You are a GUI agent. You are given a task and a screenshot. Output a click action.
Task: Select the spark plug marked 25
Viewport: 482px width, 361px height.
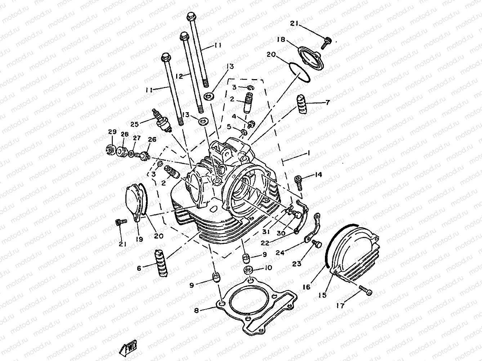(162, 120)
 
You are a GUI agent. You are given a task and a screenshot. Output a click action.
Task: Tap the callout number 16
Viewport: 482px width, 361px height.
(307, 287)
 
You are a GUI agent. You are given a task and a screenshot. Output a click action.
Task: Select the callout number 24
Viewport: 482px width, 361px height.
(280, 253)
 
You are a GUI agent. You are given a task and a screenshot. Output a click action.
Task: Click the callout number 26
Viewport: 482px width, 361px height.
(152, 140)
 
